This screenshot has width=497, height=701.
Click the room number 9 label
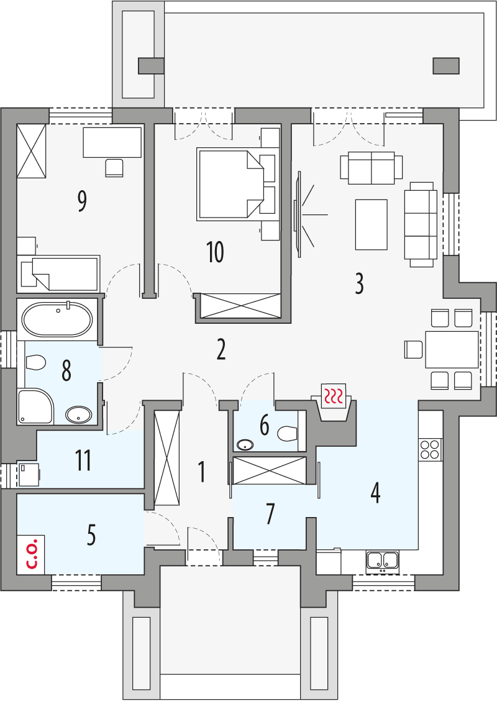(82, 201)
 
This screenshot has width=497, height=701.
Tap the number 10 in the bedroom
(215, 253)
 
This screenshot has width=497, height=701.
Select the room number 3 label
(359, 283)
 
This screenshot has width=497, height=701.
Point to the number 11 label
(83, 461)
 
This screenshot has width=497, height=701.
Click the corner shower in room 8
(35, 406)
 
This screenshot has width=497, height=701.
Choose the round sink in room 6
(245, 444)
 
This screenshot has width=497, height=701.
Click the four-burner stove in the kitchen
(430, 449)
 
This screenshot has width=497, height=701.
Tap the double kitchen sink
(382, 560)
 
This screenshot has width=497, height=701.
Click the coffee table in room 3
(371, 224)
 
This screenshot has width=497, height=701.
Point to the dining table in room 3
(452, 349)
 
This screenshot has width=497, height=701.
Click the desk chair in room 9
(114, 168)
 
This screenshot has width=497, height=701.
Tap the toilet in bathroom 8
(36, 362)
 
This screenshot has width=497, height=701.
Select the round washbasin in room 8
(79, 415)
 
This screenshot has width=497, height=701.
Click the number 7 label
(270, 514)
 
